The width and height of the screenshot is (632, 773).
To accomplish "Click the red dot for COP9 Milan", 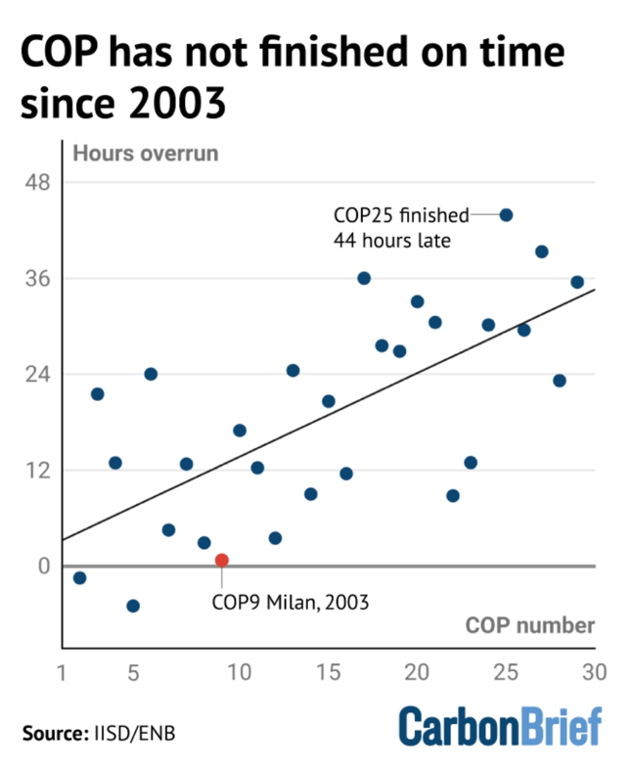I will [x=222, y=561].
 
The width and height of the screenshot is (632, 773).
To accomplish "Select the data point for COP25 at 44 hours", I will [x=506, y=215].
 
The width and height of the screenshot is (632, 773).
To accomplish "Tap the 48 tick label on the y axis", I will [x=37, y=183].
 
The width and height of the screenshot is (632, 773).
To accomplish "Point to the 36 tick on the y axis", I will [x=37, y=279].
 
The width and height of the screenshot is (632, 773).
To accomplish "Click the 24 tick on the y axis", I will [x=37, y=375].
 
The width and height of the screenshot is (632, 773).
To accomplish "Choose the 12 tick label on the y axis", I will [x=37, y=471].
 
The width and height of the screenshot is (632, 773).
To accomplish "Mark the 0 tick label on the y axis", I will [x=43, y=566].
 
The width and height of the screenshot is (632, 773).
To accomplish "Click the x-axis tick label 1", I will [x=62, y=672].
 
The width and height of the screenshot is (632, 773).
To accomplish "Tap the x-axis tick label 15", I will [x=328, y=672].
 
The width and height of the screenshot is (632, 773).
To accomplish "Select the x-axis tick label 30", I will [x=595, y=672].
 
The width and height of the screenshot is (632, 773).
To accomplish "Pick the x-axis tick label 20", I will [x=417, y=672].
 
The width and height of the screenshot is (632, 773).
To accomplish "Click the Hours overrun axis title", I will [x=146, y=154].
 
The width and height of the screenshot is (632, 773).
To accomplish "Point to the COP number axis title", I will [x=529, y=625].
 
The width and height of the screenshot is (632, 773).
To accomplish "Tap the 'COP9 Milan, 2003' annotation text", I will [x=290, y=602].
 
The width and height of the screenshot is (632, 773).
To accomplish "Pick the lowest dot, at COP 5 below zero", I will [x=133, y=606].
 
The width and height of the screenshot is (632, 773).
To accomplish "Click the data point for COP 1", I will [x=79, y=578].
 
